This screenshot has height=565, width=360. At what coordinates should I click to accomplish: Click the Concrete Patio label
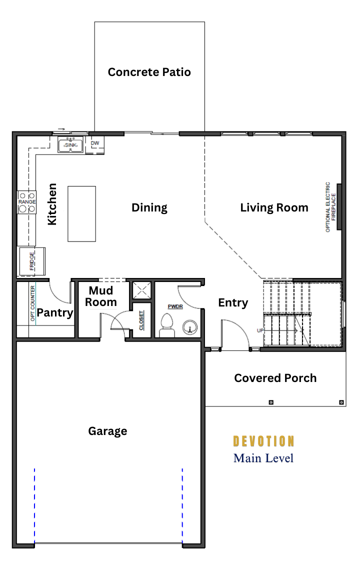pos(149,72)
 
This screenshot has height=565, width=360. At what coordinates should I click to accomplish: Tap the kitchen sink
pos(70,145)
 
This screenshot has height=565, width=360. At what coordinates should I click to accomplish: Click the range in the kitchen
pos(27,202)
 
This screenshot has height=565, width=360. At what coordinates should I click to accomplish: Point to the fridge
pos(31,261)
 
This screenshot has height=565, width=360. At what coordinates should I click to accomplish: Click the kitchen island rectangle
pos(82,213)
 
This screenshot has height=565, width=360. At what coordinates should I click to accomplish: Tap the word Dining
pos(149,208)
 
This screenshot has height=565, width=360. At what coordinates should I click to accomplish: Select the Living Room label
pos(274,208)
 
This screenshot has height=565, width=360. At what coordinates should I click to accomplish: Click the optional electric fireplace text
pos(330,207)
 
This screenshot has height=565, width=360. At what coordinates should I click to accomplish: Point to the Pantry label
pos(55,312)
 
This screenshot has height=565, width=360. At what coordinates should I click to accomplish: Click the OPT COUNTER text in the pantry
pos(33,303)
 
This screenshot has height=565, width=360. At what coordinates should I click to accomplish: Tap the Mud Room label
pos(101,296)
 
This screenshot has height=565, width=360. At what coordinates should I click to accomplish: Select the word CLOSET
pos(141,320)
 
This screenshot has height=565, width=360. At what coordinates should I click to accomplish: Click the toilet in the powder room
pos(166,325)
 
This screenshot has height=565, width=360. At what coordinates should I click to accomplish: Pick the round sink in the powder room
pos(190,327)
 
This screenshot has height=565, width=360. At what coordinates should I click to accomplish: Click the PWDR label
pos(175,306)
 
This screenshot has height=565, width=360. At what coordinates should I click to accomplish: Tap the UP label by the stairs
pos(260,330)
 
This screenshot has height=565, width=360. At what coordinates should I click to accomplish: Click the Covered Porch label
pos(275,378)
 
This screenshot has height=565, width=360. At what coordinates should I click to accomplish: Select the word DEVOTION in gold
pos(264,441)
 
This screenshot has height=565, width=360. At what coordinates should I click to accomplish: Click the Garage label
pos(107,431)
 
